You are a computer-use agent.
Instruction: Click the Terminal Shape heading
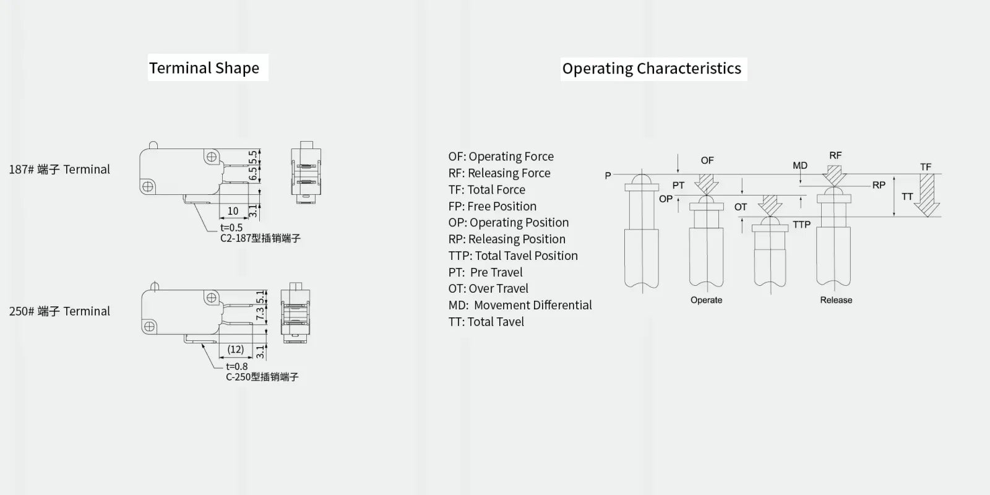click(204, 68)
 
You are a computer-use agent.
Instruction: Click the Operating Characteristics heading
click(652, 69)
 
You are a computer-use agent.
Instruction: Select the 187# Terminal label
click(59, 170)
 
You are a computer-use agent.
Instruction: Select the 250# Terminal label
click(59, 311)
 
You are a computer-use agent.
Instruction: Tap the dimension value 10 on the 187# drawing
click(233, 211)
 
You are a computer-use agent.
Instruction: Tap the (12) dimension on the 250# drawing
click(236, 350)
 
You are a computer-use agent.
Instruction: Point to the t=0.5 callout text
click(231, 228)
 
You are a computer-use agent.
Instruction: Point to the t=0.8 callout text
click(237, 366)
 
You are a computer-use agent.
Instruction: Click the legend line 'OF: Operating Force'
click(501, 157)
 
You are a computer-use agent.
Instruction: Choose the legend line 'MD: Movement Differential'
click(520, 306)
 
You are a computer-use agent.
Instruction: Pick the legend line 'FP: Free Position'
click(493, 207)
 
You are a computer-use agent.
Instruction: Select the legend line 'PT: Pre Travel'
click(485, 272)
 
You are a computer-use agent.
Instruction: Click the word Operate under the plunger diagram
click(706, 300)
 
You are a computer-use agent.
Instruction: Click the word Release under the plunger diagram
click(836, 300)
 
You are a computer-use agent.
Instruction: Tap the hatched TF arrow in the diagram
click(927, 195)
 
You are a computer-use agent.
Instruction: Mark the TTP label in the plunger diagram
click(802, 225)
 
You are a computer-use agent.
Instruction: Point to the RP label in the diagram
click(879, 185)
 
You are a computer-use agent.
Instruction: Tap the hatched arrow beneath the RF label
click(835, 176)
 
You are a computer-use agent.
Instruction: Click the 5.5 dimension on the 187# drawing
click(253, 157)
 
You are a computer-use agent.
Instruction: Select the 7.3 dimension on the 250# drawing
click(260, 314)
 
